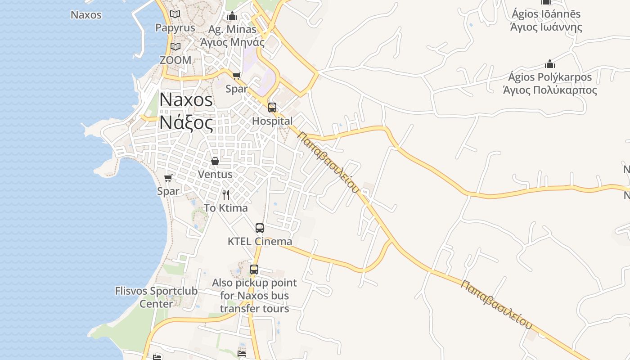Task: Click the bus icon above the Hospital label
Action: (272, 108)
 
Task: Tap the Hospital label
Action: (272, 121)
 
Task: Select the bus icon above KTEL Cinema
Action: (260, 228)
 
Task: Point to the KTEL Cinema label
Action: (260, 241)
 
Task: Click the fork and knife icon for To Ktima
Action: (226, 195)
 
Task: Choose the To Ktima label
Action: (226, 208)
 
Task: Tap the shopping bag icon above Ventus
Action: (215, 161)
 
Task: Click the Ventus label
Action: (215, 174)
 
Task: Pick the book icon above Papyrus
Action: (175, 14)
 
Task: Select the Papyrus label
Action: (175, 28)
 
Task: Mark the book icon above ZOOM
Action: (175, 46)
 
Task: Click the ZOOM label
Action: (175, 60)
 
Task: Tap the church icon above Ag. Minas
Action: (232, 16)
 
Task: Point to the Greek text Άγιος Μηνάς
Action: (232, 42)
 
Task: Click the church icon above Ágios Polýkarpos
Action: (549, 64)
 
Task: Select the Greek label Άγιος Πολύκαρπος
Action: (549, 90)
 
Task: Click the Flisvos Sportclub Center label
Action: (156, 297)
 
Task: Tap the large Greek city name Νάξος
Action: (186, 122)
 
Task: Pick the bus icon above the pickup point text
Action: (254, 270)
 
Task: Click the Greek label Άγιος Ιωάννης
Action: (546, 27)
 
